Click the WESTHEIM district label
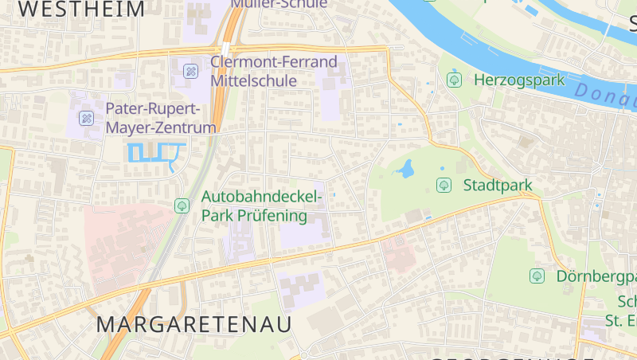tap(82, 10)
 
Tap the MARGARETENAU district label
tap(194, 324)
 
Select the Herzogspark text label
tap(518, 80)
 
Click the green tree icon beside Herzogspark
tap(455, 80)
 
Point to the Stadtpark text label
tap(497, 186)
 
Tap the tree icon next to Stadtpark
tap(444, 186)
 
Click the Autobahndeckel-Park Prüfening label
tap(263, 205)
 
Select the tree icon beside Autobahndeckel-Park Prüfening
tap(182, 205)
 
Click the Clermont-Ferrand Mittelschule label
tap(274, 71)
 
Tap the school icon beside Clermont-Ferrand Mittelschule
tap(191, 71)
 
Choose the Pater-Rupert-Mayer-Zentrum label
tap(161, 118)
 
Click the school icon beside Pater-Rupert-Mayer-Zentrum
tap(87, 119)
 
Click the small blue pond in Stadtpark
tap(406, 169)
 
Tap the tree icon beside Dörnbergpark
tap(537, 276)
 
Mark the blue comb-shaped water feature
tap(155, 153)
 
